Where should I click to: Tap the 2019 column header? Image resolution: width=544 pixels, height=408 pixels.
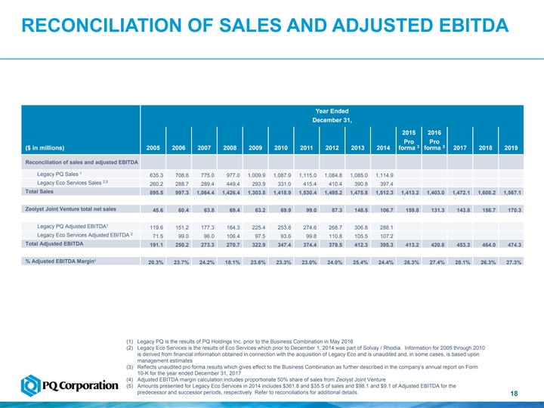click(x=512, y=148)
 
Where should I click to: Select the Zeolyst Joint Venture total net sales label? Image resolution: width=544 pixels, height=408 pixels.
click(x=71, y=208)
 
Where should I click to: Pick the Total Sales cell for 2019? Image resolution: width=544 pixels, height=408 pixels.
click(x=512, y=193)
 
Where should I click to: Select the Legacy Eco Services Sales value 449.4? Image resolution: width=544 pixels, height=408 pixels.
click(x=232, y=184)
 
